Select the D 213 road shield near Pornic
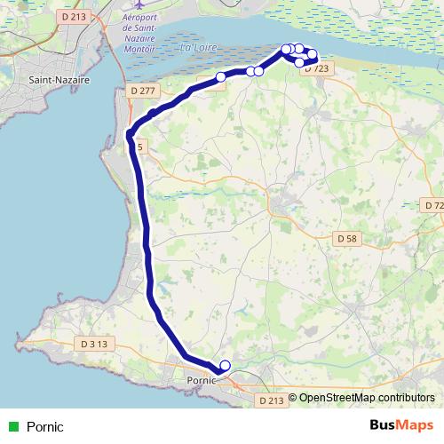pyautogui.click(x=273, y=401)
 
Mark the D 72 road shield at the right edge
pyautogui.click(x=433, y=206)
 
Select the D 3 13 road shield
pyautogui.click(x=93, y=344)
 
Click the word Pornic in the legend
pyautogui.click(x=45, y=427)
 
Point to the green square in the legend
pyautogui.click(x=12, y=427)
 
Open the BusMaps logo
pyautogui.click(x=401, y=426)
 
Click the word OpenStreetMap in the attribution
pyautogui.click(x=338, y=398)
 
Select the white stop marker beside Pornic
pyautogui.click(x=225, y=365)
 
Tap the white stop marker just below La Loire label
pyautogui.click(x=220, y=77)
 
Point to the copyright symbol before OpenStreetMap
pyautogui.click(x=292, y=398)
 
